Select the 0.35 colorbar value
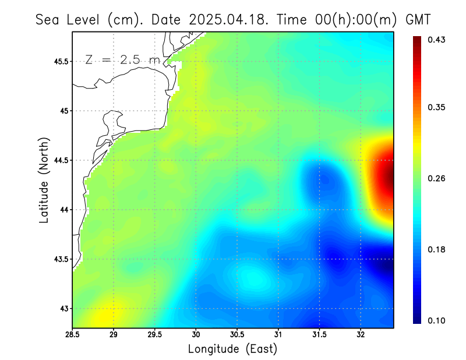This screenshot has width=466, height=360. [437, 107]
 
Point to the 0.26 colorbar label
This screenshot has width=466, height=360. [437, 178]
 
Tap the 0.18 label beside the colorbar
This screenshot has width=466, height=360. [437, 249]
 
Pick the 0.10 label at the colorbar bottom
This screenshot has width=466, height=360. [437, 320]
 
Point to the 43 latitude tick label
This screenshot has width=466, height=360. [63, 308]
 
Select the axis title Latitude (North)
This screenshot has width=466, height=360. [44, 180]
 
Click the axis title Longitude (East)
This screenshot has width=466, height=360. [232, 349]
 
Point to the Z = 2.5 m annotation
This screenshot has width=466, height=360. [122, 60]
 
